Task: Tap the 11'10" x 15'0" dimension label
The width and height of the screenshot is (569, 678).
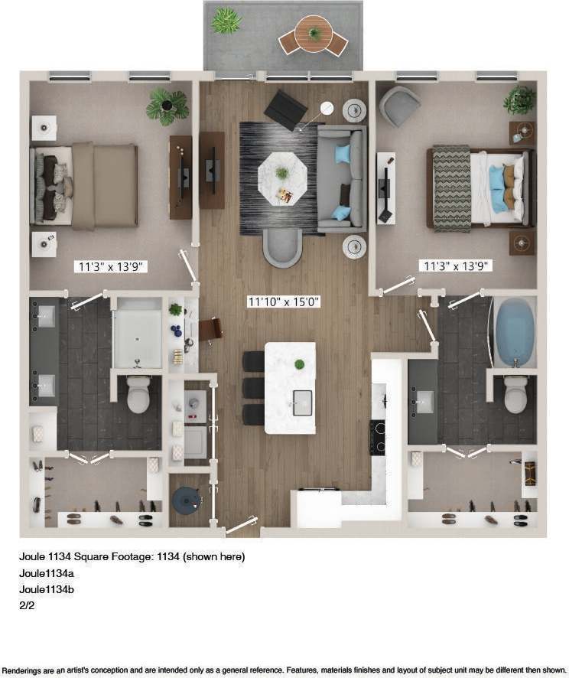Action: [283, 302]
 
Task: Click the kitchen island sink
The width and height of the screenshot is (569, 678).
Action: [302, 400]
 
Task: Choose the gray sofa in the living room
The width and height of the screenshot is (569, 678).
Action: [342, 178]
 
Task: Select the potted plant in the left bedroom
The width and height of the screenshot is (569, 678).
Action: [167, 105]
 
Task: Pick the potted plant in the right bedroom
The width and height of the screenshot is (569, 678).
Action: [520, 100]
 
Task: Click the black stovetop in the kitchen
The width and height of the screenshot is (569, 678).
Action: [378, 437]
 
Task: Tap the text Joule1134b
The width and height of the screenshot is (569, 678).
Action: [46, 589]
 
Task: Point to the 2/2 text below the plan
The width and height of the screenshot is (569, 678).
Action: [27, 605]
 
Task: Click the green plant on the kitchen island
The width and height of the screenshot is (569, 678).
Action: [300, 363]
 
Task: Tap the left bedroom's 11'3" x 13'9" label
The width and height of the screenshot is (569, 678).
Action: [111, 267]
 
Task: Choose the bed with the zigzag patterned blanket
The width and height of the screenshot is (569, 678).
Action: [475, 187]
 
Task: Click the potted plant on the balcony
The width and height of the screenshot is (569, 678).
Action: [226, 21]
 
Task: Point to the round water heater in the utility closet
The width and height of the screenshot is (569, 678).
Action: [185, 500]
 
